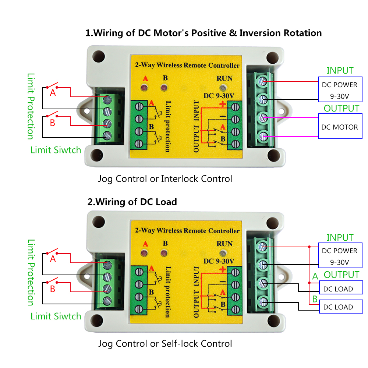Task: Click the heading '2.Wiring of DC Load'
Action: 131,202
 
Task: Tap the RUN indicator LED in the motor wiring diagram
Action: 222,88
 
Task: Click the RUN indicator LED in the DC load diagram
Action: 222,254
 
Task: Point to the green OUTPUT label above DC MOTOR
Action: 341,109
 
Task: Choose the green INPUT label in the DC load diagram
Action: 340,237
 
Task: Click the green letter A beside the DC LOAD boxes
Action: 315,276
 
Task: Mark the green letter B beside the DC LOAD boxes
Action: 315,299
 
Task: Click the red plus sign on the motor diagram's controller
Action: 222,104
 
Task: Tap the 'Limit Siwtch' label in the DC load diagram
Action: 56,316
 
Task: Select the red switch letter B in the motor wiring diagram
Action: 53,123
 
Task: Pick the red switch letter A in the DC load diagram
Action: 53,259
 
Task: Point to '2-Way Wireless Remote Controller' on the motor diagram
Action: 187,66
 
